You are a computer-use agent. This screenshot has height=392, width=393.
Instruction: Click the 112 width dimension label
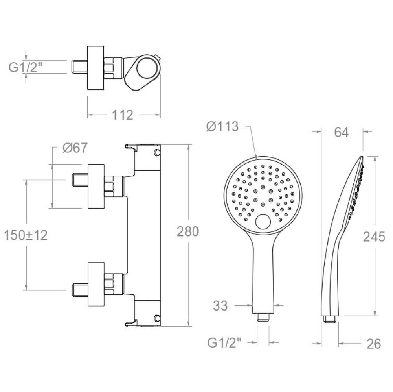tap(122, 115)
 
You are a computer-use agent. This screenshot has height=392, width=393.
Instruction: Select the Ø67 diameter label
tap(75, 148)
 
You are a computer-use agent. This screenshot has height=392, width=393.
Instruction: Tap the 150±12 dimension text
tap(26, 235)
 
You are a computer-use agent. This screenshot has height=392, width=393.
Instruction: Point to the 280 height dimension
tap(188, 231)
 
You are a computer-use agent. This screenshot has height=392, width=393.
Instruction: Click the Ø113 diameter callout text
tap(222, 126)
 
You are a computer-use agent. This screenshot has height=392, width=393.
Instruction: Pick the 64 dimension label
tap(342, 132)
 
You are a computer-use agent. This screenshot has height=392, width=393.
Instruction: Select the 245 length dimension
tap(374, 237)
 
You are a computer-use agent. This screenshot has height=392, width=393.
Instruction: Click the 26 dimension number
tap(374, 344)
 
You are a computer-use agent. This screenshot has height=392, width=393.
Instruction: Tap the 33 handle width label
tap(220, 306)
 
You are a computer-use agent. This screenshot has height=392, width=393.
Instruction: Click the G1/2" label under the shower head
tap(224, 343)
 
